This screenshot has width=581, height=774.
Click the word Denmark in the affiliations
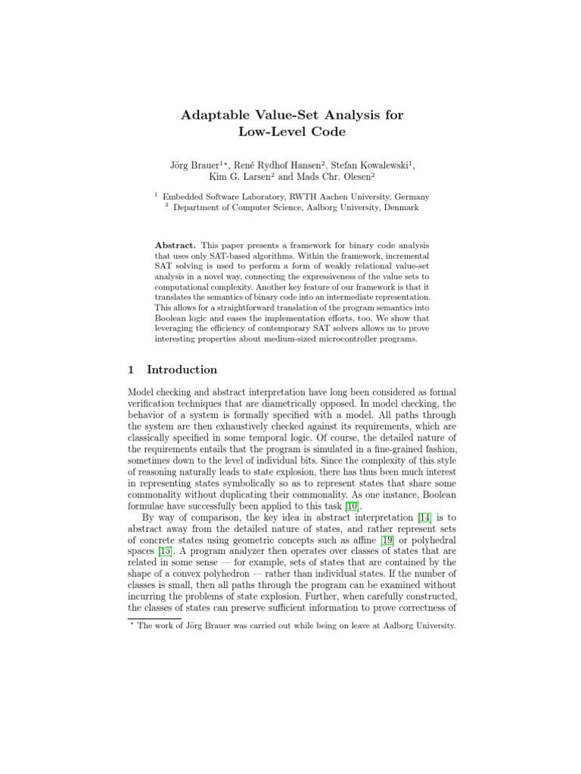click(396, 207)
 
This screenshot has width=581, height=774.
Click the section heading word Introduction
click(182, 370)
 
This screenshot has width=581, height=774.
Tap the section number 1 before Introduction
click(131, 370)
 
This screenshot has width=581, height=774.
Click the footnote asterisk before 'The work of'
click(132, 625)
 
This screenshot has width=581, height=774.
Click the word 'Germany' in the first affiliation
click(409, 196)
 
